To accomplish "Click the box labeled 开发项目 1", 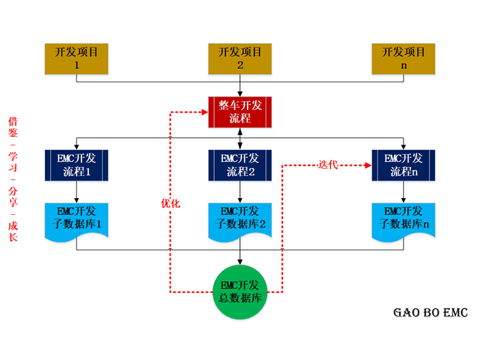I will coord(76,59).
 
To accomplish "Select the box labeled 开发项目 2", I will coord(240,59).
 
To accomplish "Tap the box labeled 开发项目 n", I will coord(404,59).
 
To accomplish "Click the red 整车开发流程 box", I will coord(240,112).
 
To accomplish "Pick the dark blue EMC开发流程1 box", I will coord(76,164).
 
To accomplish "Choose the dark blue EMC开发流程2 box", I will coord(240,164).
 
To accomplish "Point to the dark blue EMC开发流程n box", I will coord(404,164).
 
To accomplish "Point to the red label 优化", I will coord(170,203).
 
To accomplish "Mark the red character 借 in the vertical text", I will coord(13,121).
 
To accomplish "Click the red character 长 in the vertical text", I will coord(13,237).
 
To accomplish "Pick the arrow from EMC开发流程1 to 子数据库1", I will coord(76,191).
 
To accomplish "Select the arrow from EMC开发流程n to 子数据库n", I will coord(404,191).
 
